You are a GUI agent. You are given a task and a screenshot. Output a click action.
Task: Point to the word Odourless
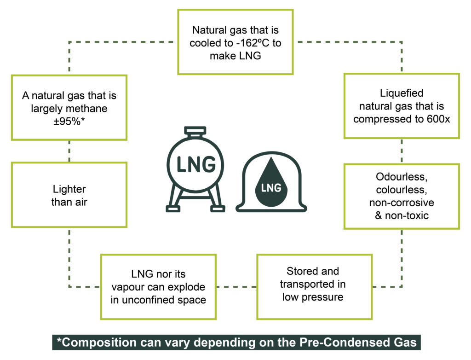[402, 177]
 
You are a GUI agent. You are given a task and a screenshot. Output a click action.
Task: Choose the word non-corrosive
[402, 203]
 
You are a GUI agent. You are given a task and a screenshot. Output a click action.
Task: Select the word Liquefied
[402, 93]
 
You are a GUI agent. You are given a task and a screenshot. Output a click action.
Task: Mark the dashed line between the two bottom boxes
[236, 286]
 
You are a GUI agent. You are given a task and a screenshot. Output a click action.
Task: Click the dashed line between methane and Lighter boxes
[69, 151]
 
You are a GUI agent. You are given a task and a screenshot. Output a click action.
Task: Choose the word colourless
[402, 190]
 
